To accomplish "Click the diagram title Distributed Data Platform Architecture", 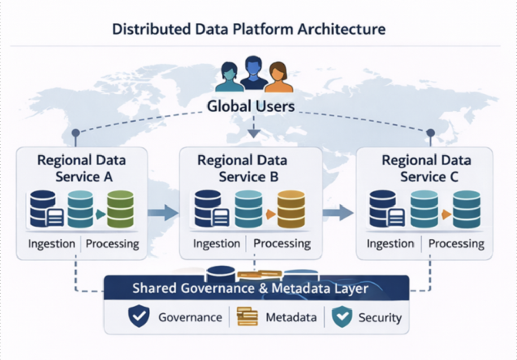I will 248,29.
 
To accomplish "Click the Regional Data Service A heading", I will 81,169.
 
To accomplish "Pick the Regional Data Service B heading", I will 242,169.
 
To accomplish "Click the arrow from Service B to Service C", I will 338,212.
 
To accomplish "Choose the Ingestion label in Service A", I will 51,244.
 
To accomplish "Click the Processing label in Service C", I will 456,244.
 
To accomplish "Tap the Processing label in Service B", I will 282,244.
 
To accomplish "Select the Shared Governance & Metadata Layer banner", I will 256,289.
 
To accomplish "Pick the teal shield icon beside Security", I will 341,317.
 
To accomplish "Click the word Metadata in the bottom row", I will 291,317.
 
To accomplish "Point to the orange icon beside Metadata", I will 247,317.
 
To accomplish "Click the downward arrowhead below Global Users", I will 254,133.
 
